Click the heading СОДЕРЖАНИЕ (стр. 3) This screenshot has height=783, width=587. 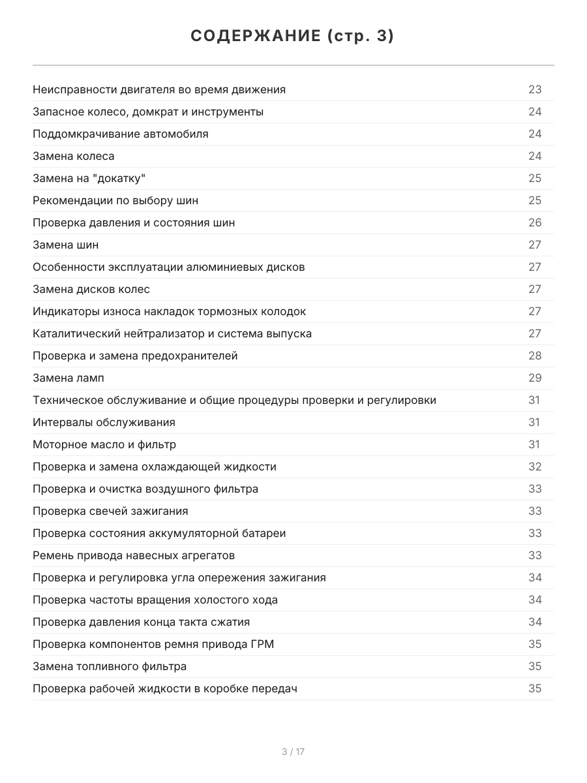click(x=293, y=37)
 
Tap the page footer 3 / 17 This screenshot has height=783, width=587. click(x=293, y=752)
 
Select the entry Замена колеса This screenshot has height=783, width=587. click(x=74, y=156)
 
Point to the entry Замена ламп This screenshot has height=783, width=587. click(x=68, y=378)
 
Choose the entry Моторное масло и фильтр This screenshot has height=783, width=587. click(x=104, y=444)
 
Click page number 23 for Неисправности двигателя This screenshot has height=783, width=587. click(x=535, y=89)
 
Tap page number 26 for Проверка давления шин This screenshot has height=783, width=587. click(x=535, y=223)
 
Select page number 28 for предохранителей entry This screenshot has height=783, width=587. click(x=535, y=356)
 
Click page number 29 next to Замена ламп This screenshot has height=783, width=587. click(x=535, y=378)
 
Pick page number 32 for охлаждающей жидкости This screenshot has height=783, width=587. click(x=535, y=467)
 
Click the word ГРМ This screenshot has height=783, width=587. click(x=262, y=644)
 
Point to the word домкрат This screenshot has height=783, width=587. click(x=153, y=112)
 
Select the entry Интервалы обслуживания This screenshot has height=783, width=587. click(x=104, y=422)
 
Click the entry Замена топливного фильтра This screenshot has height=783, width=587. click(x=110, y=666)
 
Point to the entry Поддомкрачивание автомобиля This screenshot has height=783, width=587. click(x=121, y=134)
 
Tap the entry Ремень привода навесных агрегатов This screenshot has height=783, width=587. click(x=134, y=555)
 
